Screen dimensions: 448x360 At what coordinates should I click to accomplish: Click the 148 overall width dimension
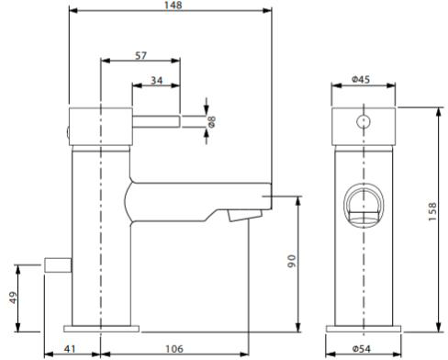(x=174, y=6)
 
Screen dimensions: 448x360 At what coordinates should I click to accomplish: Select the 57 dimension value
(x=140, y=56)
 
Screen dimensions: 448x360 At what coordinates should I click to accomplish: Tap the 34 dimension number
(x=156, y=81)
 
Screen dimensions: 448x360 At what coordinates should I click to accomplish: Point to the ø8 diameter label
(x=211, y=121)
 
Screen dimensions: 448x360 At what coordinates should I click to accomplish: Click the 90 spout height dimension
(x=292, y=261)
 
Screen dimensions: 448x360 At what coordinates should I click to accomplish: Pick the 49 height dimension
(x=14, y=298)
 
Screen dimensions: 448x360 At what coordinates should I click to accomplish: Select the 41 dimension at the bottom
(x=70, y=349)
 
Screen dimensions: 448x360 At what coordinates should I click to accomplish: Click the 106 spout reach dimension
(x=174, y=349)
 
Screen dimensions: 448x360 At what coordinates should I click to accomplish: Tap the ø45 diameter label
(x=361, y=80)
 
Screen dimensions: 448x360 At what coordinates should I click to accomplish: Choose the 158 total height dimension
(x=432, y=211)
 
